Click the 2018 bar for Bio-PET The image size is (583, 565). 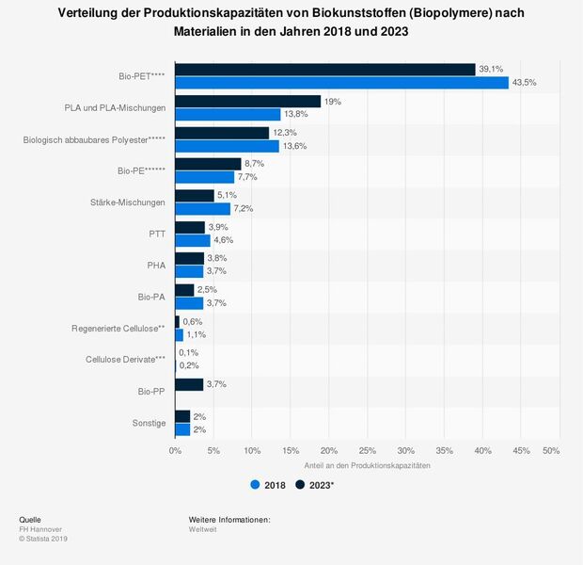point(341,83)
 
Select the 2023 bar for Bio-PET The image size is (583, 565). point(324,69)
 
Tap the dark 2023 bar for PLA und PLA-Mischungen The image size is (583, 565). point(247,101)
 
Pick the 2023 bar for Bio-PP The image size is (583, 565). point(189,384)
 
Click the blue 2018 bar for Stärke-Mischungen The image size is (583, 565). point(202,209)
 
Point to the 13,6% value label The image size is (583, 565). point(296,146)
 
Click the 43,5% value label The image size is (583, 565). point(524,83)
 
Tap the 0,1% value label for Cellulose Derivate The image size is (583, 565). point(189,352)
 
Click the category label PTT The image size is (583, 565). point(156,234)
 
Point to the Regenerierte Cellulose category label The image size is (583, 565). point(118,328)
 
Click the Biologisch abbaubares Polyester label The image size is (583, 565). point(94,139)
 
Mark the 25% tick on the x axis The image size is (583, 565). point(368,450)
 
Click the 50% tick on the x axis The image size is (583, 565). point(551,450)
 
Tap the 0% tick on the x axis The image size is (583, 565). point(175,450)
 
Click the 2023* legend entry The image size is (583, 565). point(315,486)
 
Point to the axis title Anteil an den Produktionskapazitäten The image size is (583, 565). point(368,466)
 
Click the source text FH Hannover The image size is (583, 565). point(40,529)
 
